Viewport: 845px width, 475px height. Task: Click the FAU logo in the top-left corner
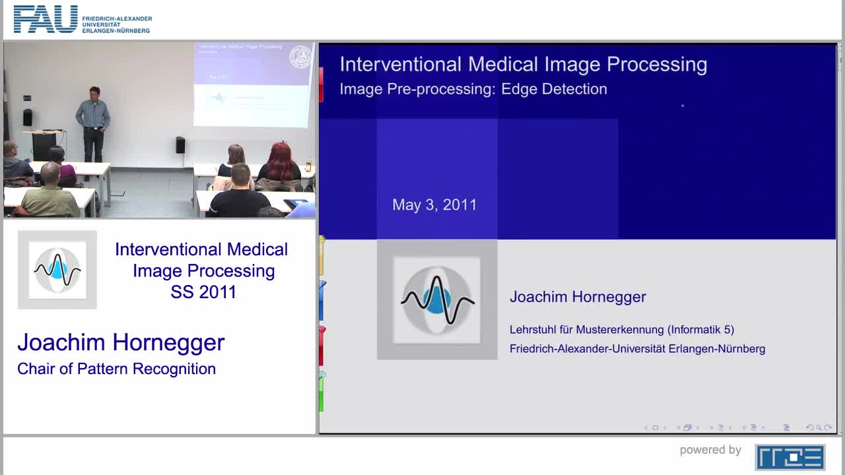46,19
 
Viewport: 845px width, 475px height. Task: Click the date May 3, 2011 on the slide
434,205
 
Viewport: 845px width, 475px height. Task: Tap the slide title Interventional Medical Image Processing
523,64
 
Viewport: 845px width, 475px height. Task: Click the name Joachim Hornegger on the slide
578,297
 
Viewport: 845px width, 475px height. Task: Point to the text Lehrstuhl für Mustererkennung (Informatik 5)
621,329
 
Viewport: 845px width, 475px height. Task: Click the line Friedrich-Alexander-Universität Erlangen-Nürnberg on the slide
637,348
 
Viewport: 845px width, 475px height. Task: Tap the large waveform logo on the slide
437,300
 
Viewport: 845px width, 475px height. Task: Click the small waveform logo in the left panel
57,269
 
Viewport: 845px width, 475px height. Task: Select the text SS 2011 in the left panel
203,292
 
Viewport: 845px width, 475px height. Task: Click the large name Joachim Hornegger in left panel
121,342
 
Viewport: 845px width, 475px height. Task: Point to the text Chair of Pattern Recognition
116,369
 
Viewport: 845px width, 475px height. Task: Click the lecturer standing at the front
92,122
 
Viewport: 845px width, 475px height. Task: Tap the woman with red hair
280,165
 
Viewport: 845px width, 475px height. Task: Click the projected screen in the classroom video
253,84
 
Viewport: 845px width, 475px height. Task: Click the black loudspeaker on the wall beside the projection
180,145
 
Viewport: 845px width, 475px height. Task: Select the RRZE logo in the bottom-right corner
790,457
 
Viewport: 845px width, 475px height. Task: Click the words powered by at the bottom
710,450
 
